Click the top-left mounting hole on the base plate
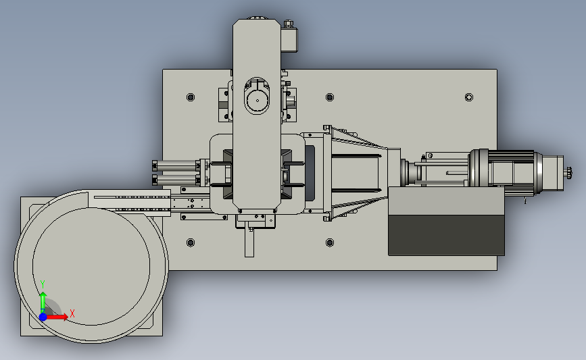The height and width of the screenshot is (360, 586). click(191, 97)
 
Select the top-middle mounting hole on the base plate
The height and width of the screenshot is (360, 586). click(330, 97)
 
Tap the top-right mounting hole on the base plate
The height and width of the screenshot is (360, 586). click(469, 97)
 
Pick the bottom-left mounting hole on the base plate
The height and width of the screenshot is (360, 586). click(191, 242)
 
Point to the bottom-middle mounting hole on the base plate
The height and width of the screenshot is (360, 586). click(330, 242)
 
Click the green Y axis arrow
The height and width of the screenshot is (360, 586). click(43, 303)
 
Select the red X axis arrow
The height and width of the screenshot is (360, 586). click(57, 317)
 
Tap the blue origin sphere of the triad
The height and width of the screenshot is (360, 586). click(43, 317)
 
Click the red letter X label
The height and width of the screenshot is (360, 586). click(72, 313)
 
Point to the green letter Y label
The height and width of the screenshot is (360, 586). click(43, 284)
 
